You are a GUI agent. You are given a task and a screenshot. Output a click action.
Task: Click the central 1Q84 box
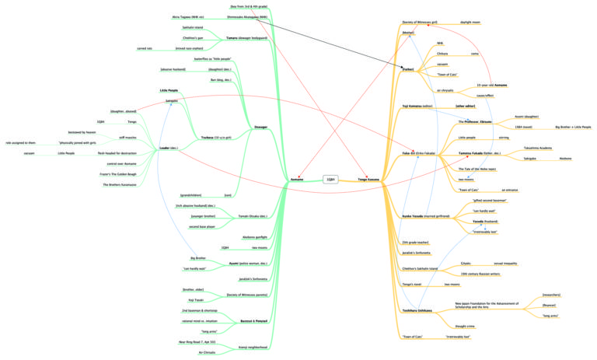coord(330,179)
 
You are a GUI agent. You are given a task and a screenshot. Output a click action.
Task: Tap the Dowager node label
coord(261,126)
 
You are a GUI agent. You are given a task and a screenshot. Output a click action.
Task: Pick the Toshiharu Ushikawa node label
coord(418,310)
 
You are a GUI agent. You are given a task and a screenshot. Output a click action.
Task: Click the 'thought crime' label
coord(466,326)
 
